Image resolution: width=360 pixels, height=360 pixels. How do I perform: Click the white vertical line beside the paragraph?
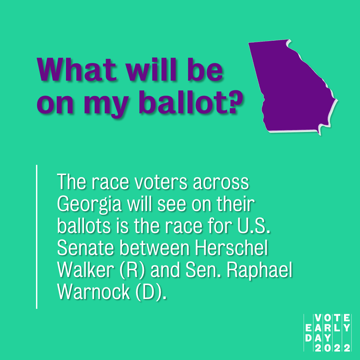pos(36,237)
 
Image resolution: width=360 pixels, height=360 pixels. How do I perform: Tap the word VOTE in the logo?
pos(332,318)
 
